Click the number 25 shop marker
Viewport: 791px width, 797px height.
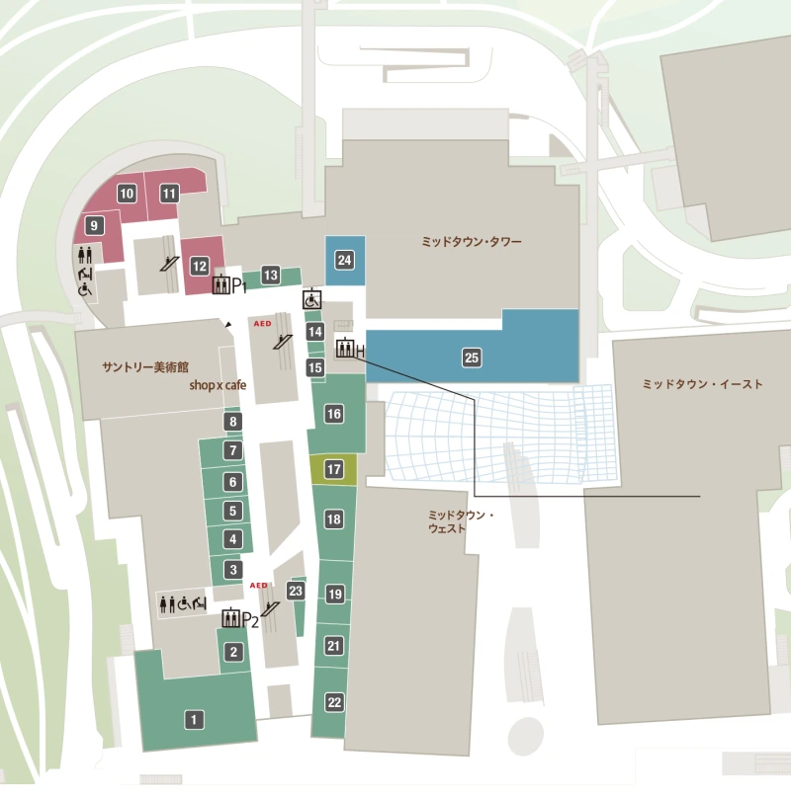pos(472,358)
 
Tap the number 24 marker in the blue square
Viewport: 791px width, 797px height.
pos(344,260)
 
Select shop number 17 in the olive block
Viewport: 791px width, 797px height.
pos(334,469)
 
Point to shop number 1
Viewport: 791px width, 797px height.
pos(195,720)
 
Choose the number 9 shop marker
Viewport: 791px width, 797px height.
pos(94,226)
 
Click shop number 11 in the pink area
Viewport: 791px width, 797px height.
pos(169,194)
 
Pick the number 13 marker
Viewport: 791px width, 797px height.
pos(270,276)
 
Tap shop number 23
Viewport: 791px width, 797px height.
pos(295,590)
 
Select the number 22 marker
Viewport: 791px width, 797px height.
pos(334,702)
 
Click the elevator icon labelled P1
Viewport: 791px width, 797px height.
pos(220,285)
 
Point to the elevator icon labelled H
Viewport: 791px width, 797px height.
pos(345,349)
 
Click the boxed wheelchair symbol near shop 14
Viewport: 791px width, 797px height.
pos(311,296)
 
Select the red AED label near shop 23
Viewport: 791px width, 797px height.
pos(259,585)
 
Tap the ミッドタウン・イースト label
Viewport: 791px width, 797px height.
pos(702,384)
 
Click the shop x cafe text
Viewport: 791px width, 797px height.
pos(218,386)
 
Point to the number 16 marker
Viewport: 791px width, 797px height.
pos(334,414)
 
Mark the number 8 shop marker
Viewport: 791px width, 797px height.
pos(233,423)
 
